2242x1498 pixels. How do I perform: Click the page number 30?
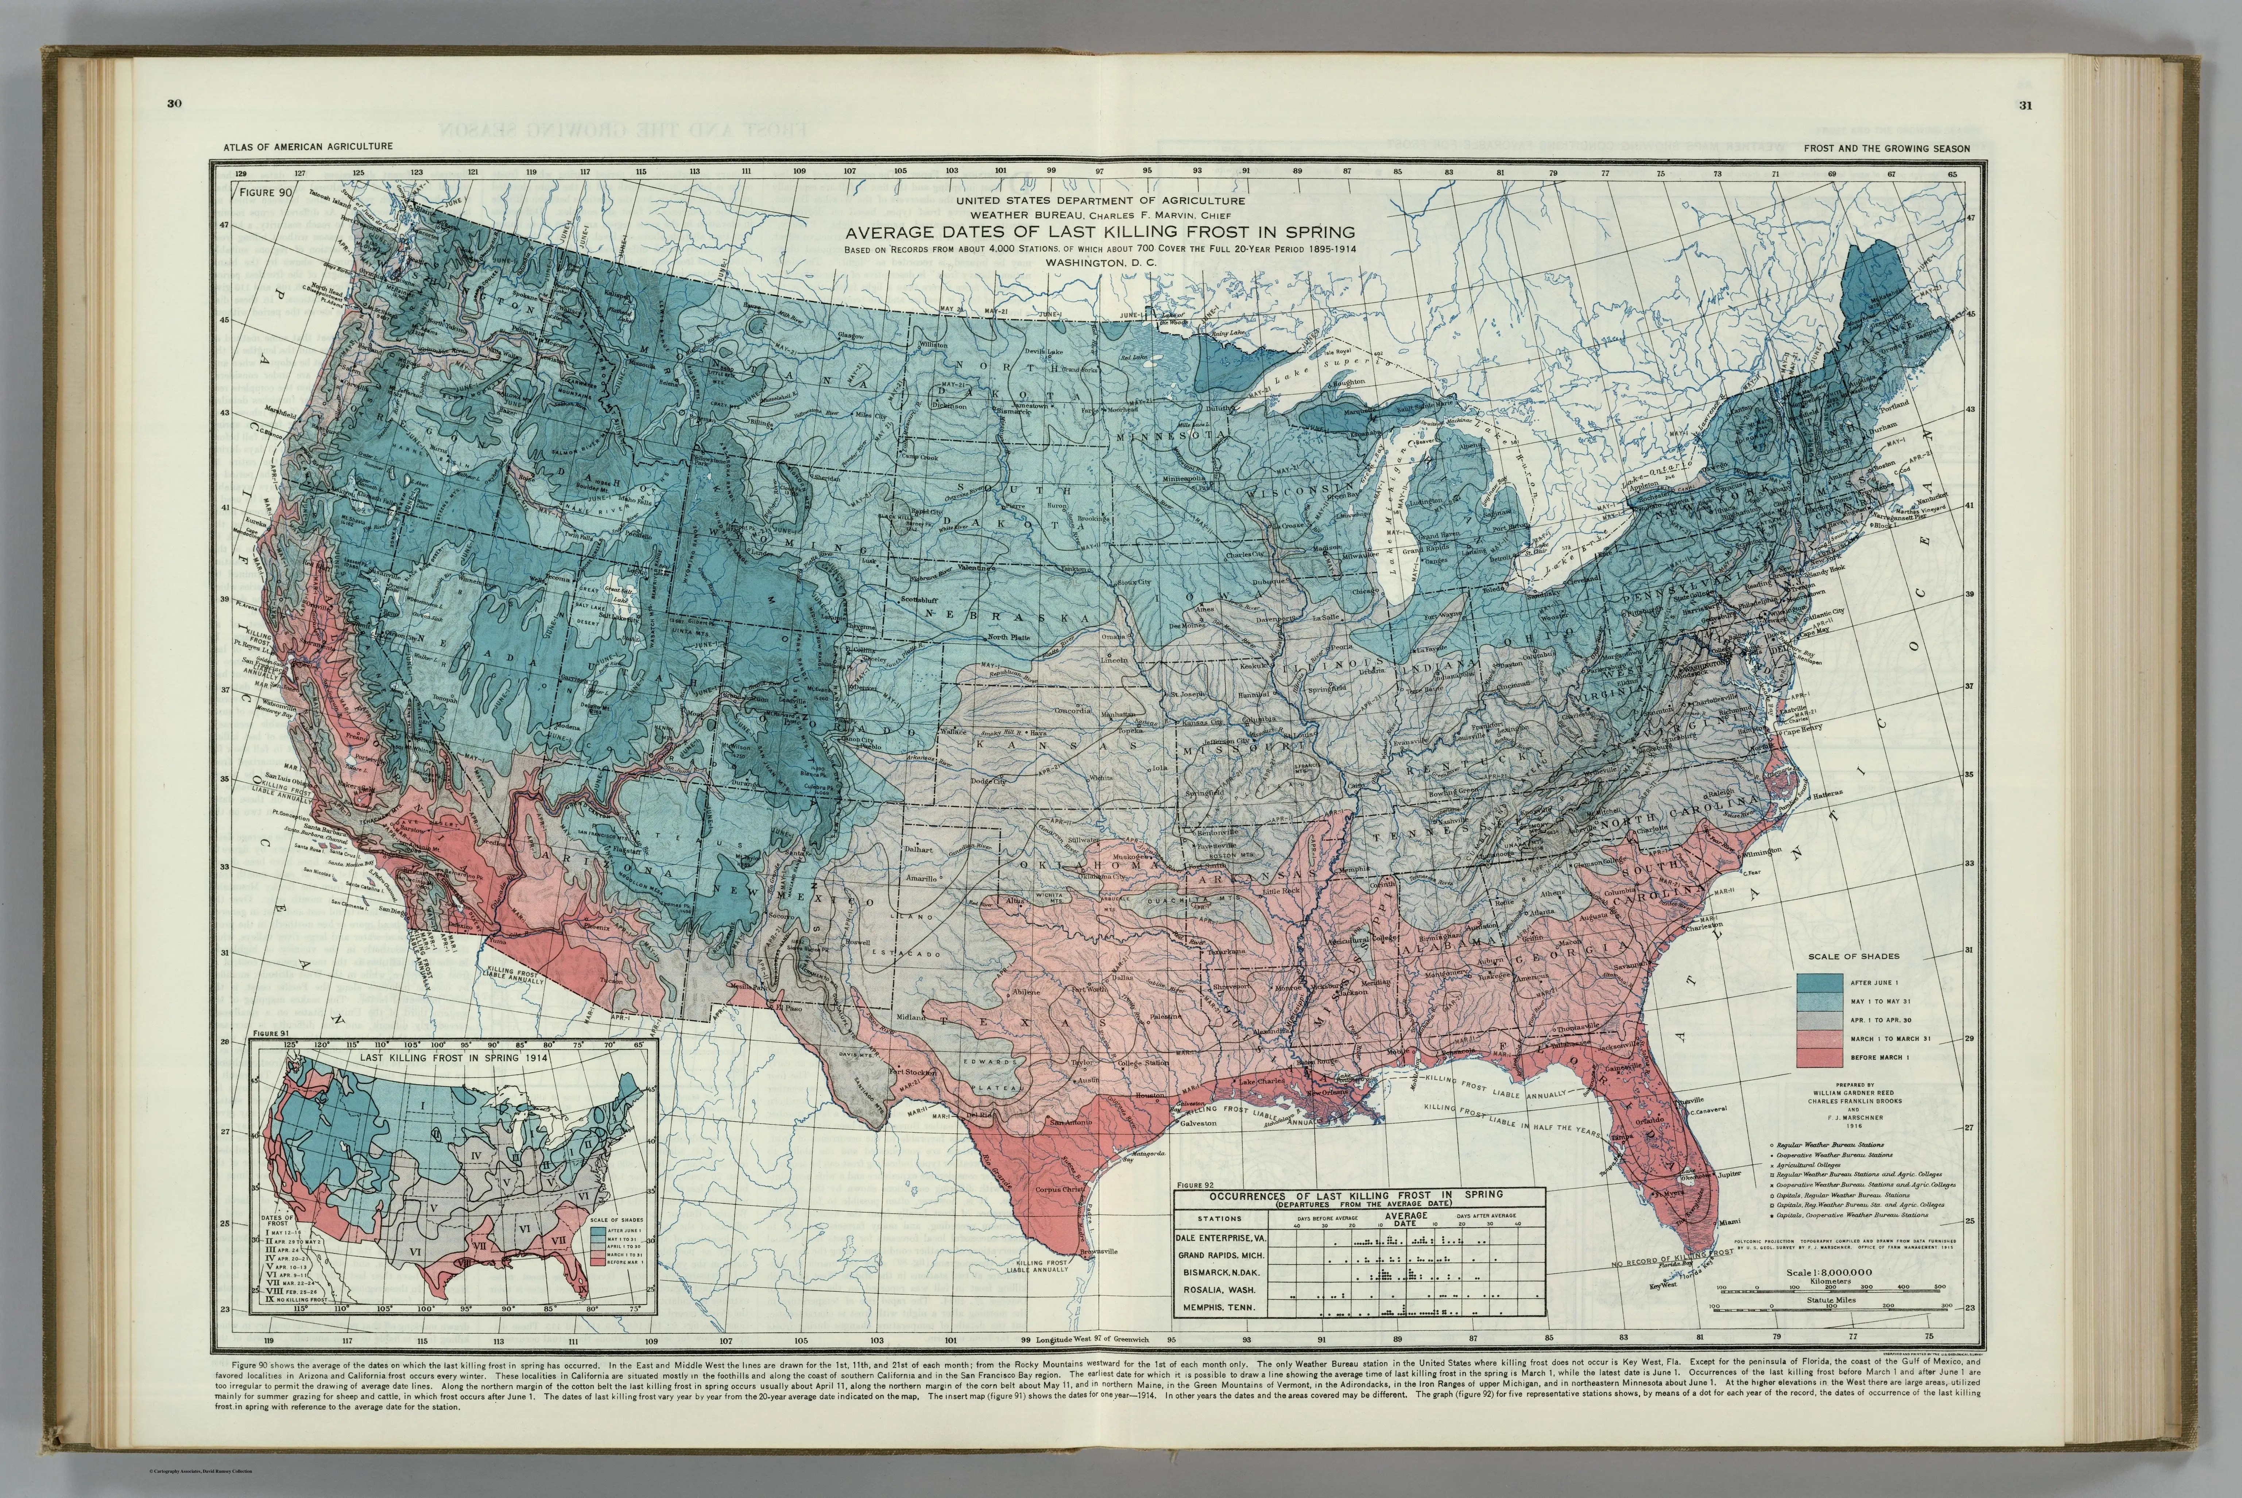click(x=174, y=105)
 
